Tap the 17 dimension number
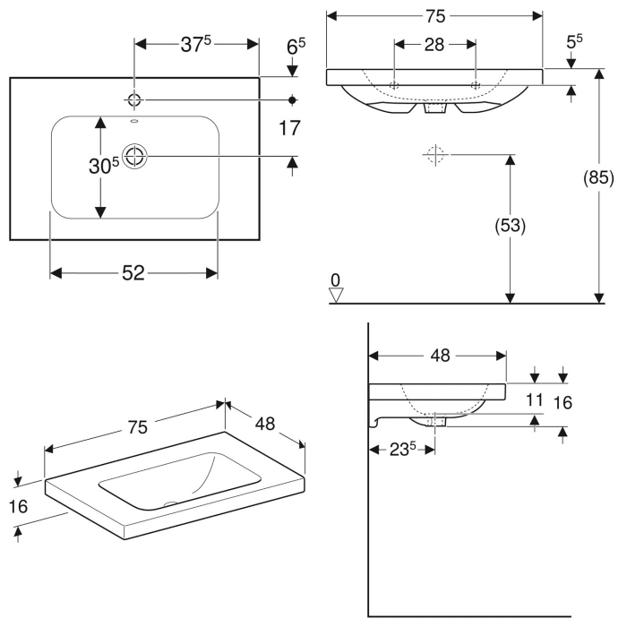(288, 128)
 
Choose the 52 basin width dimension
(133, 274)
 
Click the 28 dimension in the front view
(434, 45)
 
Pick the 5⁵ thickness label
(574, 41)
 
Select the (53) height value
(510, 226)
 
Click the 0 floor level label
(336, 281)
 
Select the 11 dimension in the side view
(534, 400)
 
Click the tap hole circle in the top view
(134, 99)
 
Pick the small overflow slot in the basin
(134, 123)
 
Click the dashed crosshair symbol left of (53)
(436, 155)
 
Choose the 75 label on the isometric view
(135, 427)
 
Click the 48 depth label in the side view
(439, 356)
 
